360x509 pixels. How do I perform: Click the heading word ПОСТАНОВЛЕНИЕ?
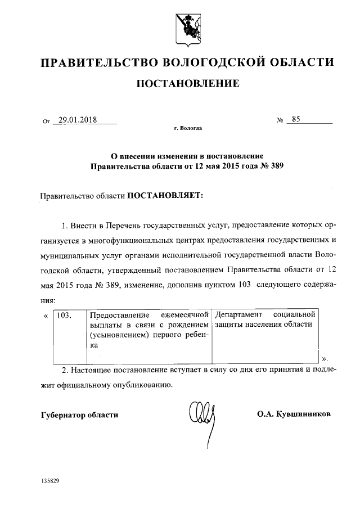tap(188, 84)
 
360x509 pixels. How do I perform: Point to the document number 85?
tap(297, 119)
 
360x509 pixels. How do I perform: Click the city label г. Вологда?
tap(188, 129)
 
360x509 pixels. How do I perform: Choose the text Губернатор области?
tap(80, 415)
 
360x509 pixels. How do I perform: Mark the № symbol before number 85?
tap(280, 120)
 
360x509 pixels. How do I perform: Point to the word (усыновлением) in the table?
tap(114, 335)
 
